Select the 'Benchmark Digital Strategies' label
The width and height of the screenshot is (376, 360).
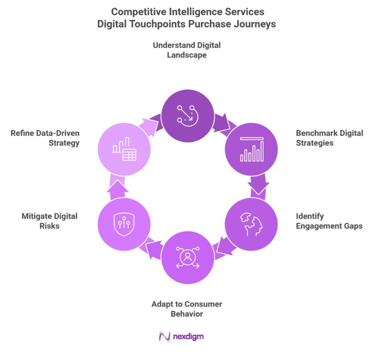click(329, 137)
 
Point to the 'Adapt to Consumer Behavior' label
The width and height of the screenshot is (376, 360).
click(188, 309)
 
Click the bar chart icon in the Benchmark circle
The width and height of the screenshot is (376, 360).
click(252, 149)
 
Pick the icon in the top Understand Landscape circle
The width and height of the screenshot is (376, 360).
click(188, 113)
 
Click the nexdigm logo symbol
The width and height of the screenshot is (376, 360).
click(164, 337)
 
